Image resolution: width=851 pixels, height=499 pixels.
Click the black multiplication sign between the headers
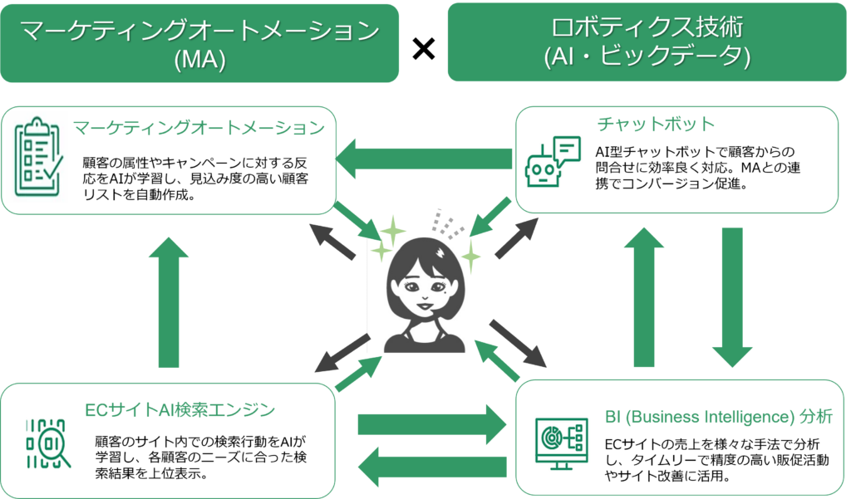[423, 49]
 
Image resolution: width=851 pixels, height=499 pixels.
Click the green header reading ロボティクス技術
[647, 42]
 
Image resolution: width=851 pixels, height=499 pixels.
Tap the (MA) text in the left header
[199, 59]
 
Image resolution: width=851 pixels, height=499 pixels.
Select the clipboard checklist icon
[38, 157]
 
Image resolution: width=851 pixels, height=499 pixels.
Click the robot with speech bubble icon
[553, 162]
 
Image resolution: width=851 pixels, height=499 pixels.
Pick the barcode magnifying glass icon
[48, 443]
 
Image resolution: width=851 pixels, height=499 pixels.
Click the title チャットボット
[655, 125]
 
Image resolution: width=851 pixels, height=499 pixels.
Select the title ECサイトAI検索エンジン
[180, 409]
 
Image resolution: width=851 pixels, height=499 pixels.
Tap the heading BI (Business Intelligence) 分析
[718, 417]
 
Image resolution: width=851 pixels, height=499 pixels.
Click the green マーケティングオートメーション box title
[199, 128]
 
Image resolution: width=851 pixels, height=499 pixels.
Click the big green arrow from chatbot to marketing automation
[424, 159]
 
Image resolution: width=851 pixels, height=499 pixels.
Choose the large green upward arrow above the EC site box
[169, 303]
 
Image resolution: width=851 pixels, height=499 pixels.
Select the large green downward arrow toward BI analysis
[732, 297]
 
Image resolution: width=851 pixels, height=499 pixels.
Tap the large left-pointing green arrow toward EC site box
[432, 467]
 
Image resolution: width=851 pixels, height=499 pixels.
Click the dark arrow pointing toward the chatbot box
[517, 237]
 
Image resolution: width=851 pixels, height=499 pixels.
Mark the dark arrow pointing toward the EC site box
[342, 353]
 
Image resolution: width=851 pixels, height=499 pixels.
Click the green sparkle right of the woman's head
[470, 256]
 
